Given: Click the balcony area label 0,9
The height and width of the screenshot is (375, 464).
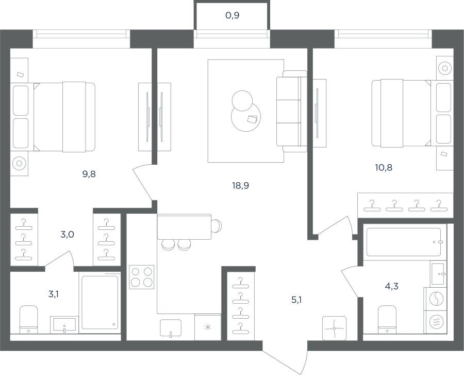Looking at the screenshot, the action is point(233,15).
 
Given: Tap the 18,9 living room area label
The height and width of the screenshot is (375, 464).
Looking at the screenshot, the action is point(241,185).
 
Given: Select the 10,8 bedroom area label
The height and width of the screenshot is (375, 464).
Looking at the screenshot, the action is point(384,167).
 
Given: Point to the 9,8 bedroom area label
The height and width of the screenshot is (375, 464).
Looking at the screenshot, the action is point(89,174).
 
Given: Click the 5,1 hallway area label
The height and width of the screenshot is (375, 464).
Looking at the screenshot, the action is point(296,300).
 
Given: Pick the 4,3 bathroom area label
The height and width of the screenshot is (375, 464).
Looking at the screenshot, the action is point(391,286).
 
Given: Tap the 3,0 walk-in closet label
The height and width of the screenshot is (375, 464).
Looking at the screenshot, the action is point(67,235).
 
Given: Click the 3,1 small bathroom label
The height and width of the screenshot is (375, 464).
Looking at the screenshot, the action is point(53,294).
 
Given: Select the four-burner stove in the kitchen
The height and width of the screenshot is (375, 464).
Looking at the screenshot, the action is point(142,277).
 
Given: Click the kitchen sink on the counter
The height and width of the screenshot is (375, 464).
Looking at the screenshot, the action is point(171,328).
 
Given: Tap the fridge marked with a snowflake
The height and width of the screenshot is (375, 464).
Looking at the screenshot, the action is point(208,327).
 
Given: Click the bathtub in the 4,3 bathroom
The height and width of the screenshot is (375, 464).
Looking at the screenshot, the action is point(404,242).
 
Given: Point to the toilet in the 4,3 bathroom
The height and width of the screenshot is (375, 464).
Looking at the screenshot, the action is point(387,319).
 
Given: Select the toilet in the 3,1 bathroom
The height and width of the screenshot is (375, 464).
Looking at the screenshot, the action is point(29,320).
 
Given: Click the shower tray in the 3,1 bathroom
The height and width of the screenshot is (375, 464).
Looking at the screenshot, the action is point(100,302).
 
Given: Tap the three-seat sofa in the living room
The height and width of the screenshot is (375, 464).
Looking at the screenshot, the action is point(292,112).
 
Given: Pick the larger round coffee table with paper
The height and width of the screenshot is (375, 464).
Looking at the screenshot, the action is point(246,117).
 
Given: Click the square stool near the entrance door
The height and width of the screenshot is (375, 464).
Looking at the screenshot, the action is point(335,329).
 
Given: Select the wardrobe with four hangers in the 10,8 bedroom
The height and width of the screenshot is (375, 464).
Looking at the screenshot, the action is point(405,206).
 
